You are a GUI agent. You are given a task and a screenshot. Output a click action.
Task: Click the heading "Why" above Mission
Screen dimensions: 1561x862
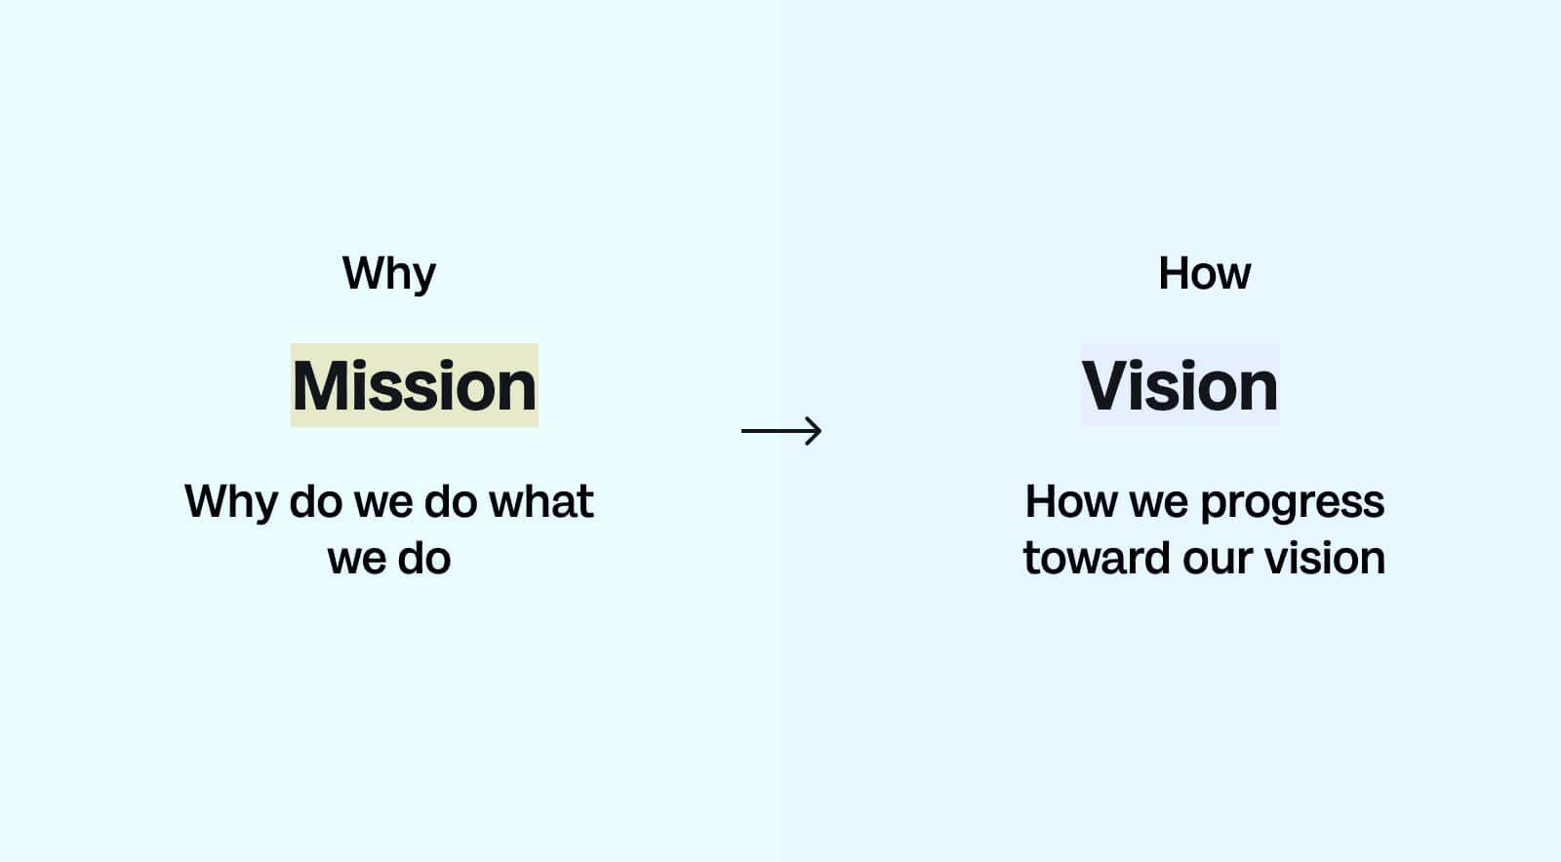coord(388,274)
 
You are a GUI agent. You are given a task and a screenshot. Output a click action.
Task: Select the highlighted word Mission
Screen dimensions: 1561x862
coord(414,386)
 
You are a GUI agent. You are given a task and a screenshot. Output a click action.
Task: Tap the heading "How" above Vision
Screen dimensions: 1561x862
coord(1204,274)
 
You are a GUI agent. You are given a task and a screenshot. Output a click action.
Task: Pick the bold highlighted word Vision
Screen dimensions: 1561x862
coord(1180,386)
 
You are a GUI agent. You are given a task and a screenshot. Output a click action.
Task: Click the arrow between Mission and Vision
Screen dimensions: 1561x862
coord(780,430)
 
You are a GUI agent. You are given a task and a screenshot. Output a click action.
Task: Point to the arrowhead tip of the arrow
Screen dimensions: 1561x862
coord(820,430)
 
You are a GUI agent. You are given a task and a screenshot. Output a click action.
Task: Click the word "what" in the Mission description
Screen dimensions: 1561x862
coord(540,502)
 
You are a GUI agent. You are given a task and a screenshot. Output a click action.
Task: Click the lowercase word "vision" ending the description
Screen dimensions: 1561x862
coord(1325,559)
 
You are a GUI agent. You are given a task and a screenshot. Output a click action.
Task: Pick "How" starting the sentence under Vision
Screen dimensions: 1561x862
coord(1070,502)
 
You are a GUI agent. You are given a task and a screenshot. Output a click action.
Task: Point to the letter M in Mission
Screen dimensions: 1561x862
coord(322,386)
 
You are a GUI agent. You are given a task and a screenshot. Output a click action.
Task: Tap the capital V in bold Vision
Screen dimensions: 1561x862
coord(1107,386)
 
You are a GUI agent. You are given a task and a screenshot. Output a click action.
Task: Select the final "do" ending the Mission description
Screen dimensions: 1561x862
coord(423,559)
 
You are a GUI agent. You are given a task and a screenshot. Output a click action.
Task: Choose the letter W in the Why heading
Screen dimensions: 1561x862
coord(362,273)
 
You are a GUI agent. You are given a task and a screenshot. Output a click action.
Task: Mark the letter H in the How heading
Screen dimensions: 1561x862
coord(1174,273)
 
